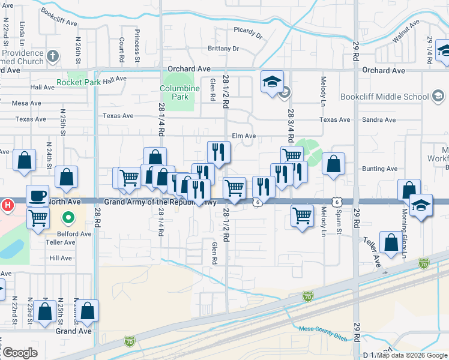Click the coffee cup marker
coord(37,196)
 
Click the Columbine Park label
coord(179,92)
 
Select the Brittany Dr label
coord(223,48)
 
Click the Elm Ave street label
coord(244,136)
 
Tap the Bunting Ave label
coord(379,169)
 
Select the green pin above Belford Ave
coord(69,218)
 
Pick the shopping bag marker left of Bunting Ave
coord(333,164)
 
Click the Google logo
coord(19,353)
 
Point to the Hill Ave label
coord(61,258)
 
